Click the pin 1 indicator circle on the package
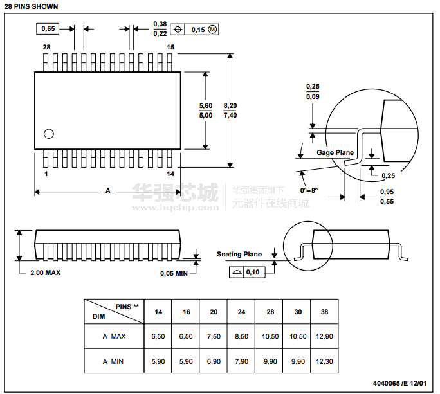click(x=48, y=134)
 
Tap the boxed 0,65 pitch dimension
click(x=49, y=29)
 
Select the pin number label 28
click(x=46, y=48)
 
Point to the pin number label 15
click(x=170, y=48)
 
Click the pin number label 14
click(x=170, y=174)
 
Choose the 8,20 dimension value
click(x=230, y=105)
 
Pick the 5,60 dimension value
click(x=206, y=105)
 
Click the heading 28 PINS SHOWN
click(x=31, y=6)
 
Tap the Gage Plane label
click(x=335, y=153)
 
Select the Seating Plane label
click(x=239, y=255)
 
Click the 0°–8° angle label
click(x=309, y=191)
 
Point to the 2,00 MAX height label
click(x=46, y=273)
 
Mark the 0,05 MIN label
click(x=174, y=273)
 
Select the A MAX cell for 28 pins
click(x=270, y=336)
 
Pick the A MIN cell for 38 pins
click(x=324, y=361)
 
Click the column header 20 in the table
click(x=214, y=312)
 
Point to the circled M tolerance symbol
click(x=213, y=30)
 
